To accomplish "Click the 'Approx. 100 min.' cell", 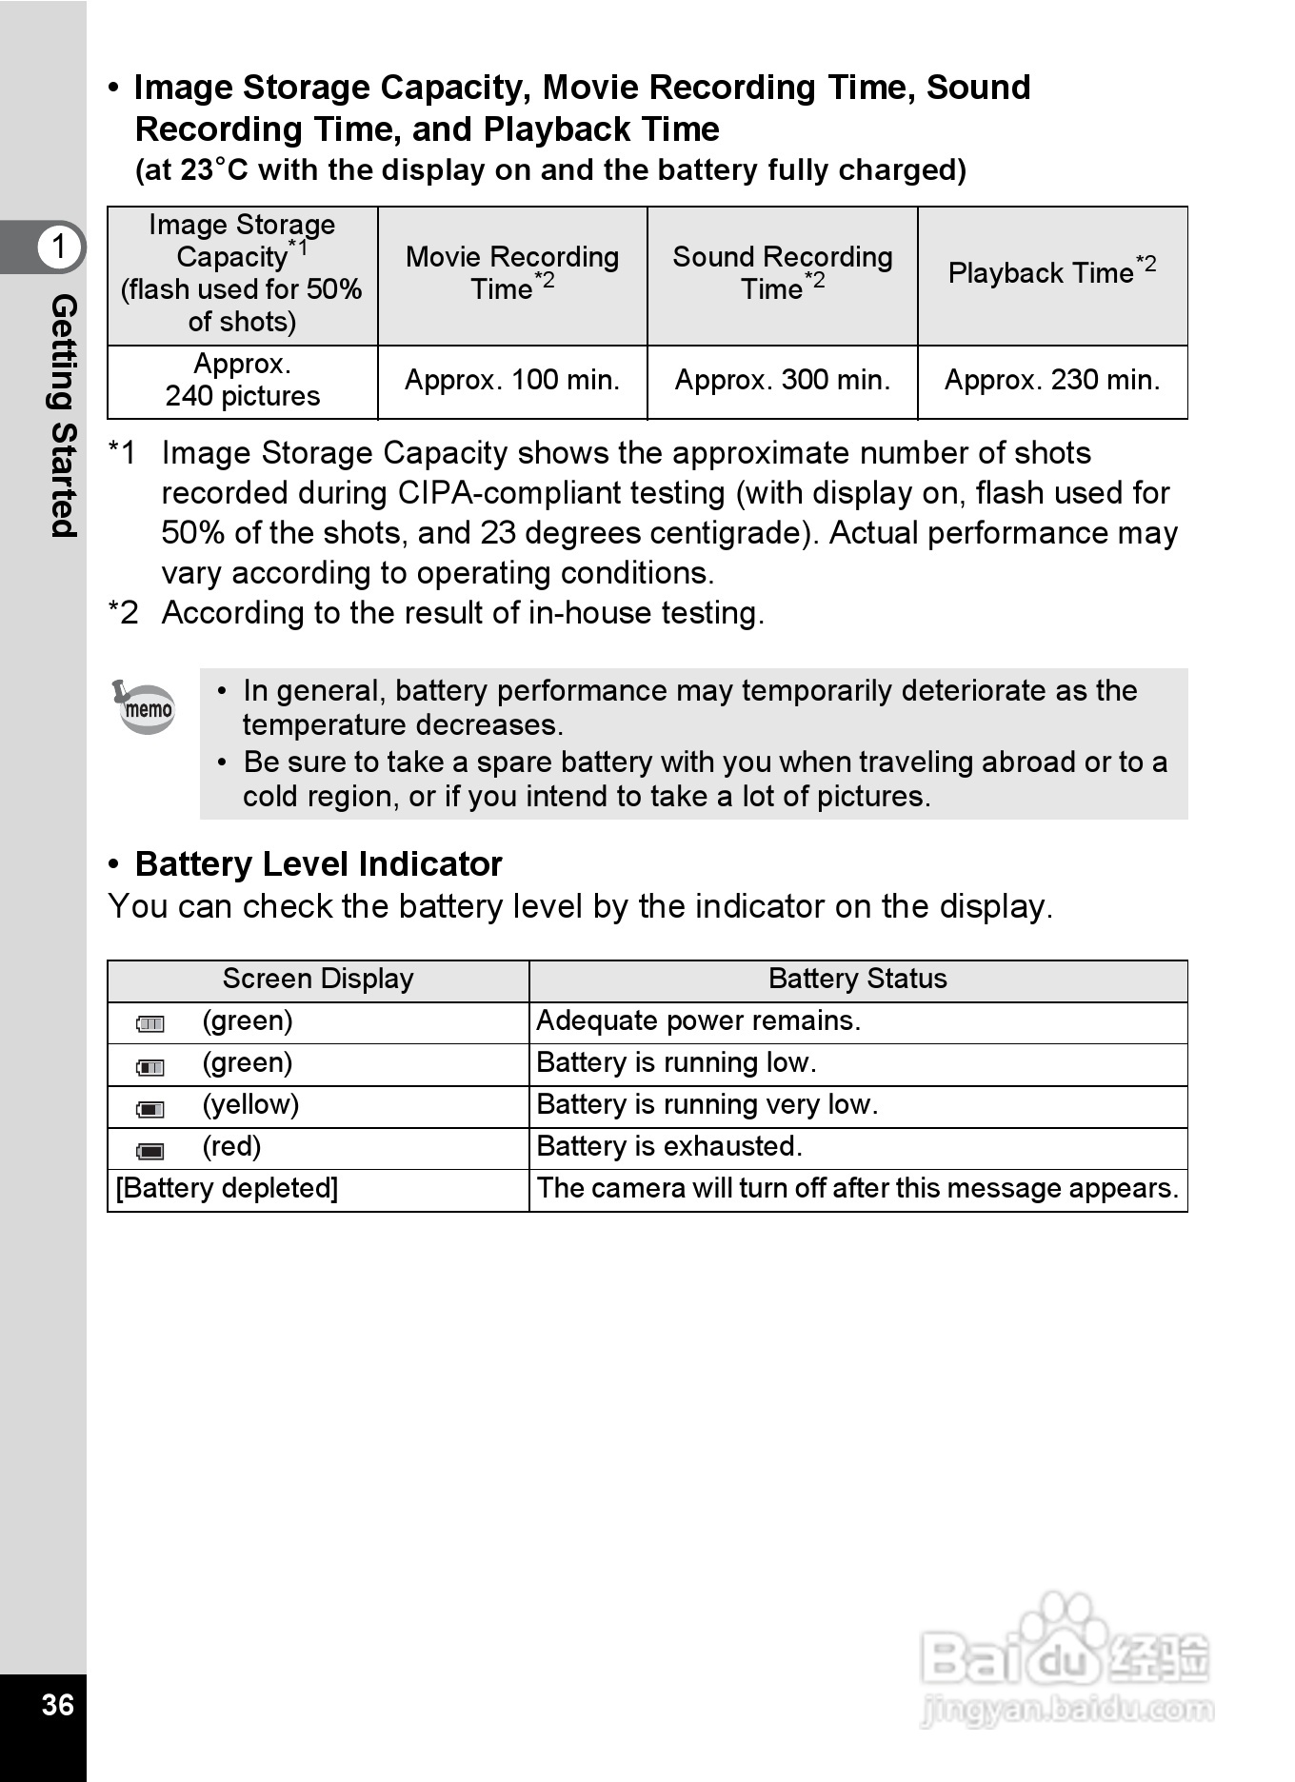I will pyautogui.click(x=512, y=381).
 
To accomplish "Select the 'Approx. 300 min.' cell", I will pyautogui.click(x=782, y=381).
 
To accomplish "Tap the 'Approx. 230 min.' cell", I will pyautogui.click(x=1052, y=381).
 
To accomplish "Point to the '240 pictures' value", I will pyautogui.click(x=243, y=396).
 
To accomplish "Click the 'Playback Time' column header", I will pyautogui.click(x=1052, y=273).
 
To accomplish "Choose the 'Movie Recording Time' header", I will pyautogui.click(x=512, y=273).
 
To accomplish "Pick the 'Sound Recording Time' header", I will pyautogui.click(x=782, y=273).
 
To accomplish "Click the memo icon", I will pyautogui.click(x=145, y=707).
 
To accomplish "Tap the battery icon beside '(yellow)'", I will pyautogui.click(x=150, y=1109).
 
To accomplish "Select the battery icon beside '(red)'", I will pyautogui.click(x=150, y=1151).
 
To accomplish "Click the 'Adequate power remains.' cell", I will pyautogui.click(x=698, y=1021).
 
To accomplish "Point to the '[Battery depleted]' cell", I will pyautogui.click(x=227, y=1189).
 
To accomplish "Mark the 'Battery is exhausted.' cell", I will pyautogui.click(x=669, y=1147).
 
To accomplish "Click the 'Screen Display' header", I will pyautogui.click(x=318, y=980).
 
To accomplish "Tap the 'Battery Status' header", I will pyautogui.click(x=857, y=980).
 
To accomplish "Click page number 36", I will pyautogui.click(x=57, y=1705).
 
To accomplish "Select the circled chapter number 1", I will pyautogui.click(x=59, y=247).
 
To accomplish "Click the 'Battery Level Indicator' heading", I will pyautogui.click(x=318, y=864).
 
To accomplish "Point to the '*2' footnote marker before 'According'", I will pyautogui.click(x=124, y=613).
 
